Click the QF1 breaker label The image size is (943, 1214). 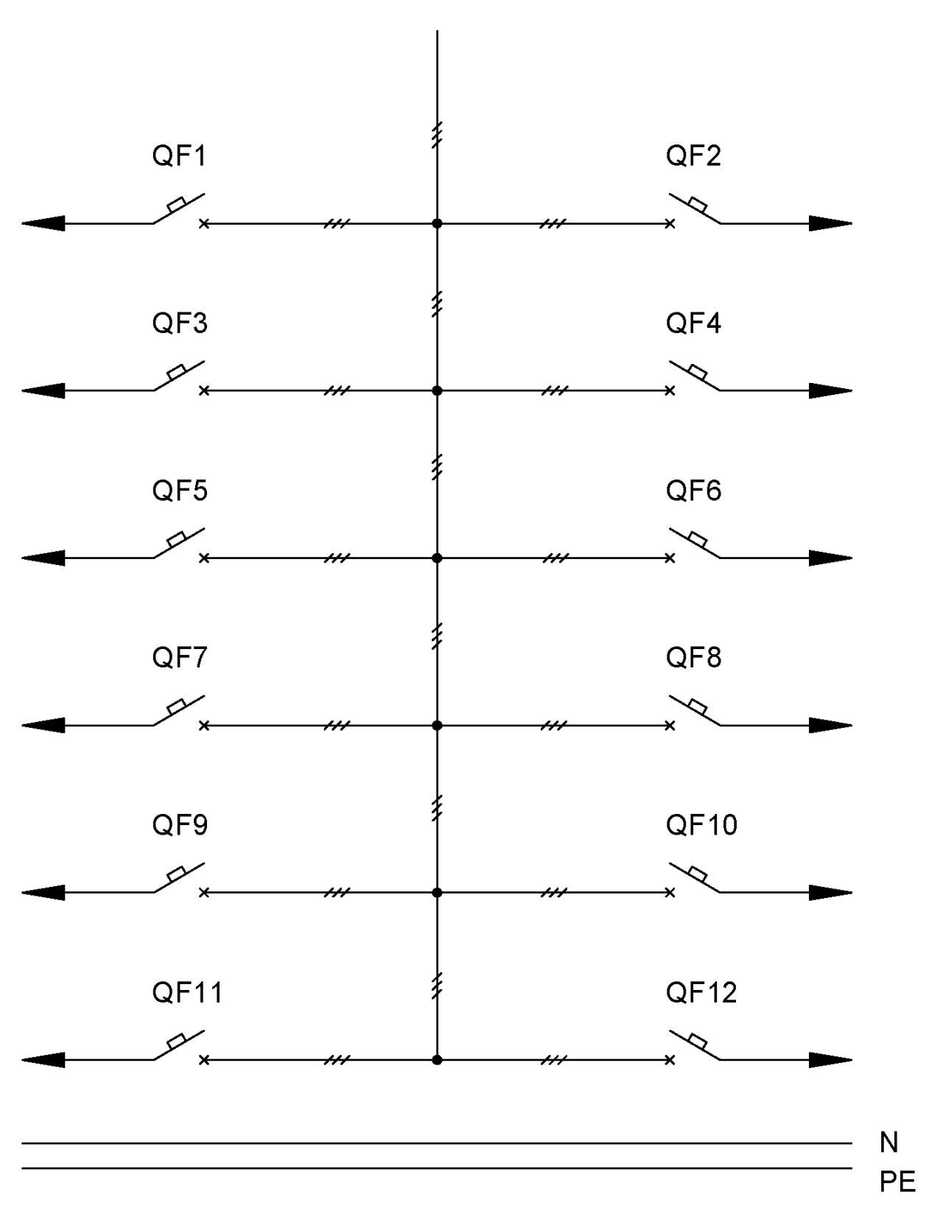179,156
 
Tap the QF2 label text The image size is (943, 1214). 693,156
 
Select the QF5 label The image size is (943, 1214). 179,491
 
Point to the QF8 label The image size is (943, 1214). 693,658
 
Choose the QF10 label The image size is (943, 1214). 701,825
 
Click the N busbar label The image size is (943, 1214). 888,1143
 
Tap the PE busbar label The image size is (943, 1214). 898,1182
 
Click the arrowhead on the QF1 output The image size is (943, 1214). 43,223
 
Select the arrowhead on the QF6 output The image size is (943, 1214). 831,558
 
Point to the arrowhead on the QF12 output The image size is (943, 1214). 831,1060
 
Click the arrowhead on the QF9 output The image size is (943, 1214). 43,893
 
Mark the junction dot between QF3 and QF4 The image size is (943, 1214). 438,390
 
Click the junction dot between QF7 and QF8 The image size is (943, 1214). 438,725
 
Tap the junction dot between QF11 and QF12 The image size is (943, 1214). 438,1060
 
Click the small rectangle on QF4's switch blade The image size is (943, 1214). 698,371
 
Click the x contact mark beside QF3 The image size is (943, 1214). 205,390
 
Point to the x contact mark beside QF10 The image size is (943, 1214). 670,893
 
